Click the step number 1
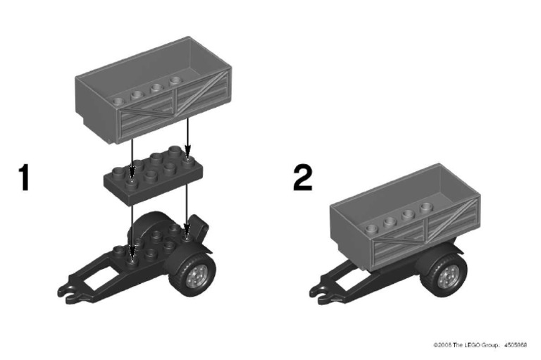(25, 177)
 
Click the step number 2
(302, 177)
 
